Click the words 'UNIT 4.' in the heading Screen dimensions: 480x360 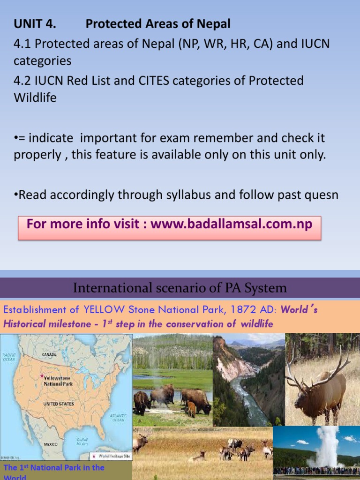tap(35, 24)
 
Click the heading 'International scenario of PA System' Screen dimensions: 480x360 tap(180, 287)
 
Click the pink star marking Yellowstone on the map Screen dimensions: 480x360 tap(42, 376)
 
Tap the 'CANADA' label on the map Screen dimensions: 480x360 tap(50, 355)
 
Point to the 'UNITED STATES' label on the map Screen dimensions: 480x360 tap(59, 404)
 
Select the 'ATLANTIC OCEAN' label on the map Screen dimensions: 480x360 tap(118, 417)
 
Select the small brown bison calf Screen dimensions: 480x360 tap(191, 409)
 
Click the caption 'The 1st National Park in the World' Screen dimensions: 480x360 tap(54, 471)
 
